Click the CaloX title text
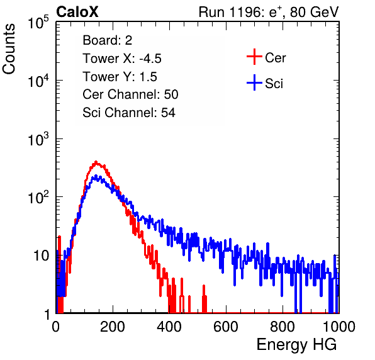point(77,12)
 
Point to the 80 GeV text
point(314,12)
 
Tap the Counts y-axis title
point(9,49)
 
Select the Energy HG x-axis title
point(296,345)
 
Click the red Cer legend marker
point(254,57)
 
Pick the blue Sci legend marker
point(254,83)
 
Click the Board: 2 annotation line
point(107,40)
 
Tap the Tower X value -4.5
point(150,59)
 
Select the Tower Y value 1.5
point(148,77)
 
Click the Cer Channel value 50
point(171,94)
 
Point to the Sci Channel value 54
point(168,113)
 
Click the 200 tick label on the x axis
point(113,326)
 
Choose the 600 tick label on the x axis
point(226,326)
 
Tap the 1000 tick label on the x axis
point(339,326)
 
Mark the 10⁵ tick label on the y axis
point(38,23)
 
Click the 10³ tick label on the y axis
point(38,139)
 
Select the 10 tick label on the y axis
point(41,256)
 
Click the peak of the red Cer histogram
point(96,162)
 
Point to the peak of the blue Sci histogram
point(96,176)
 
